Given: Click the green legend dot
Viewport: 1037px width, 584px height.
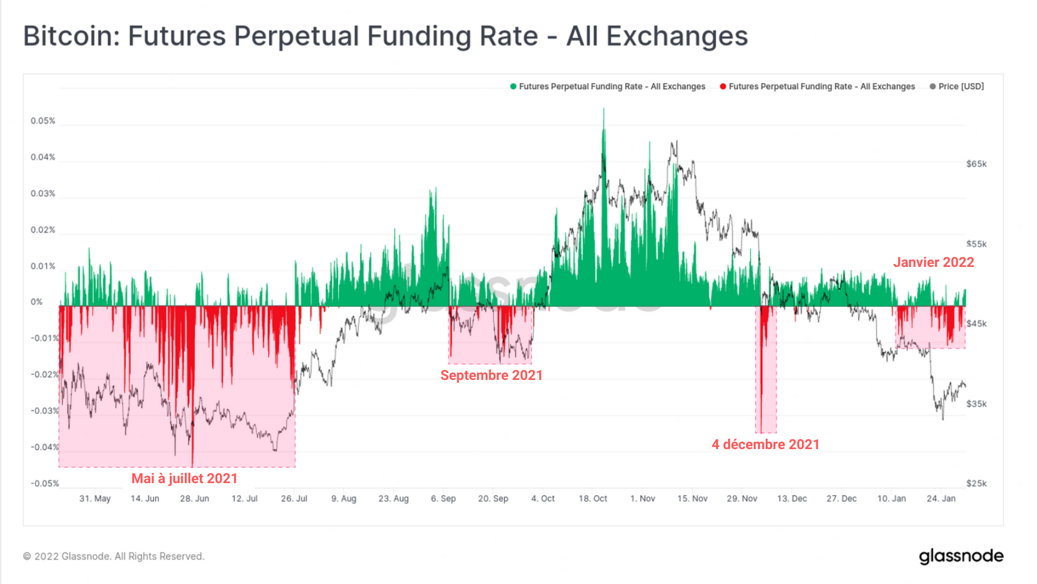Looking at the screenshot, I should point(513,86).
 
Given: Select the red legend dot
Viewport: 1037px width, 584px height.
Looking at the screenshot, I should point(722,86).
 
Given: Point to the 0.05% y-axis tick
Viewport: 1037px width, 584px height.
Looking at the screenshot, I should point(43,121).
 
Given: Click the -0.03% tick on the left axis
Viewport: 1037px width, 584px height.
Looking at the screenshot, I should point(44,411).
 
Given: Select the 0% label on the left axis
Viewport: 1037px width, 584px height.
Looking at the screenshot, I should point(36,302).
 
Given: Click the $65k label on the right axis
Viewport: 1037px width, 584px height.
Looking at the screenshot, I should point(976,164).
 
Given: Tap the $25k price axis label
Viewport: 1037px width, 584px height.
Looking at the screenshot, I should point(976,484).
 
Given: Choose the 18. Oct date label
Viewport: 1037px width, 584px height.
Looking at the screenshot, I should point(593,499).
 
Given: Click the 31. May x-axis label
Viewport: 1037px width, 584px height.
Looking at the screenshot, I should point(94,499).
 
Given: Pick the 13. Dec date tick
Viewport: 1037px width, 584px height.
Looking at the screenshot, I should point(792,499).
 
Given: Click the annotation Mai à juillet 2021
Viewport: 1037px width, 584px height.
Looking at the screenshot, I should point(184,478).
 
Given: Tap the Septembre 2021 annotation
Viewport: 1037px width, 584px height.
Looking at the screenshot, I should point(491,375).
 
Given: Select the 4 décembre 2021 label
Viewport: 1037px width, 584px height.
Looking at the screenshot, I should point(765,444).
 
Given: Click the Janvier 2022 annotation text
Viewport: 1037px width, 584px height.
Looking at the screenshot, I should point(933,262).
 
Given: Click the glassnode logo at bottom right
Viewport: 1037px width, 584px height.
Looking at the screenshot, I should point(960,556).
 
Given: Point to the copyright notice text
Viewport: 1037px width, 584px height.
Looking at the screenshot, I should point(113,556).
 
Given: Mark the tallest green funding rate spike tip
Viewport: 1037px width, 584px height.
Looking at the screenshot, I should point(604,109).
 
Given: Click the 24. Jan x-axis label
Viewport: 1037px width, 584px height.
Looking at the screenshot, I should point(941,499).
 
